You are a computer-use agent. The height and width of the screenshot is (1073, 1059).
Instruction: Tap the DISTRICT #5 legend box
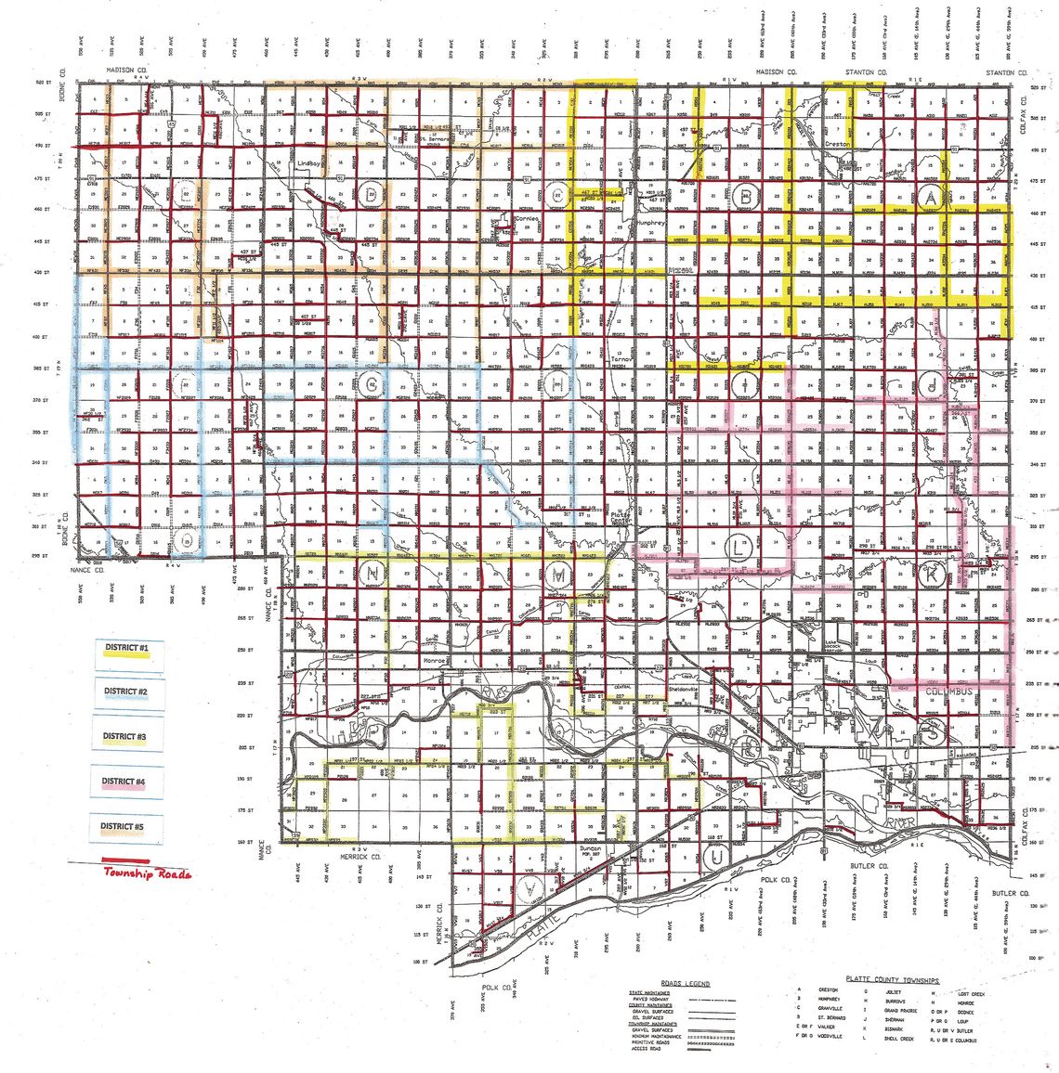pyautogui.click(x=127, y=827)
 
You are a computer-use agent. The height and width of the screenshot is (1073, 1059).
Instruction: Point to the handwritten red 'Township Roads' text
pyautogui.click(x=149, y=874)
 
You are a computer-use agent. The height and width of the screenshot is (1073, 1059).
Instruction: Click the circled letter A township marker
pyautogui.click(x=930, y=195)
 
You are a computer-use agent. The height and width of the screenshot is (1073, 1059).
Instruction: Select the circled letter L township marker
pyautogui.click(x=737, y=549)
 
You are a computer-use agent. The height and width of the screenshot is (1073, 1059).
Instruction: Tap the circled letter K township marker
pyautogui.click(x=934, y=575)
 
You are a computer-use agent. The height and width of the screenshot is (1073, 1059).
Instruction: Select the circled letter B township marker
pyautogui.click(x=745, y=195)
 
